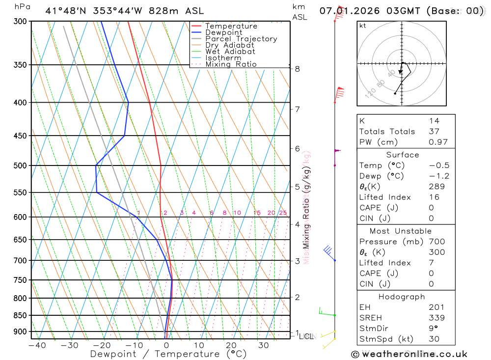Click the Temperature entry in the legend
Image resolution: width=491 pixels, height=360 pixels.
tap(231, 26)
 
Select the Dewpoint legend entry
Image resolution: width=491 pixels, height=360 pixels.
tap(223, 32)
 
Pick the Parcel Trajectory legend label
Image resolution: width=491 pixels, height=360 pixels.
tap(241, 39)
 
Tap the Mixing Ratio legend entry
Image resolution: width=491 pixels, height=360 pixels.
tap(231, 64)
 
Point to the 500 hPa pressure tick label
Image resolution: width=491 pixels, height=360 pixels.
tap(19, 166)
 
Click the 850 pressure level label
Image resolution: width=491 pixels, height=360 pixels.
tap(19, 315)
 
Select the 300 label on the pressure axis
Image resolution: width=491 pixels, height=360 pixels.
tap(19, 21)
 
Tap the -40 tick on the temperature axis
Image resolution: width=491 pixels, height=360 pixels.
tap(37, 345)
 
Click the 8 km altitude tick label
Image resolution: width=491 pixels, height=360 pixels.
tap(298, 69)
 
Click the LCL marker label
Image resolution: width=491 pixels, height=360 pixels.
tap(306, 336)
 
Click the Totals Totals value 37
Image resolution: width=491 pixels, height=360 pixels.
tap(434, 131)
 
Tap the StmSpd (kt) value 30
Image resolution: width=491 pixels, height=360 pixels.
tap(434, 339)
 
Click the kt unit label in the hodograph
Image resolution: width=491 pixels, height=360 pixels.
tap(362, 26)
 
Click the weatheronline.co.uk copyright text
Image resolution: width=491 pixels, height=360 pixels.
tap(409, 354)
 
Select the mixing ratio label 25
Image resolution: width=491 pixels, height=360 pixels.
tap(283, 213)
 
